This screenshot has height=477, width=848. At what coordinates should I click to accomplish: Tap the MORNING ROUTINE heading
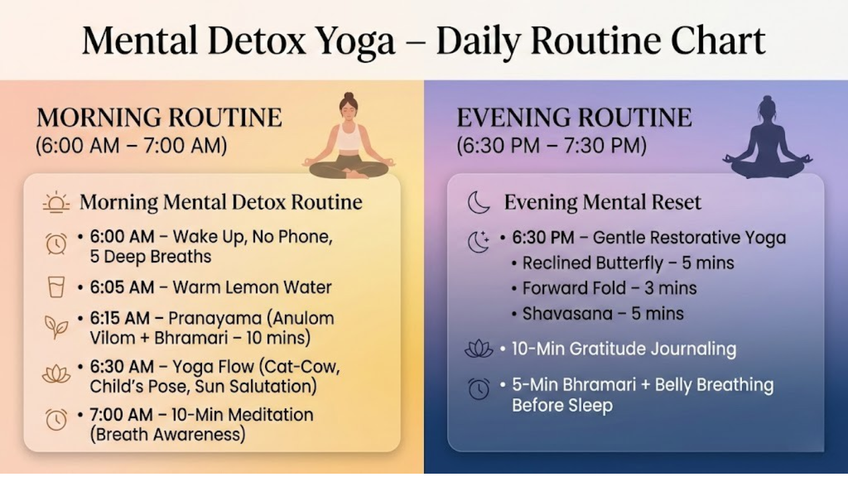[x=159, y=118]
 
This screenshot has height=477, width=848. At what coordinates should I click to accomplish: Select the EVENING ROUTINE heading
[x=574, y=118]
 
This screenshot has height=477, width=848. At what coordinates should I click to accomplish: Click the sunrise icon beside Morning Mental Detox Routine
[x=56, y=202]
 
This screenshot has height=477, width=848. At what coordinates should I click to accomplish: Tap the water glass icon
[x=56, y=287]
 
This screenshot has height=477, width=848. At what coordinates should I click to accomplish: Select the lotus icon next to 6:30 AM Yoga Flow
[x=56, y=374]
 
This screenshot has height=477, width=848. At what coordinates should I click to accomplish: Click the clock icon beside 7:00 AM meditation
[x=56, y=419]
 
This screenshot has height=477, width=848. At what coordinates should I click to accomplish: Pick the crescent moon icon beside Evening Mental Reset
[x=478, y=202]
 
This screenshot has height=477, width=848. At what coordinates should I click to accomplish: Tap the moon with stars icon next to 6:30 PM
[x=478, y=242]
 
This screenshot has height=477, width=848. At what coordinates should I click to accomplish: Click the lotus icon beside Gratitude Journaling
[x=478, y=349]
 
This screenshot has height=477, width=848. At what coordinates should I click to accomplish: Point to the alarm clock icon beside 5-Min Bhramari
[x=478, y=389]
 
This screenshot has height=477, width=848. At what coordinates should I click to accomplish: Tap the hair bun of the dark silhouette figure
[x=767, y=99]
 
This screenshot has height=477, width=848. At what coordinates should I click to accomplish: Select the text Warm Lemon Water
[x=252, y=288]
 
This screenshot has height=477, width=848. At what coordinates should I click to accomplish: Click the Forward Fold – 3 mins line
[x=609, y=288]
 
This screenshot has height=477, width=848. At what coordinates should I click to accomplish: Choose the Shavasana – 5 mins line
[x=602, y=313]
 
